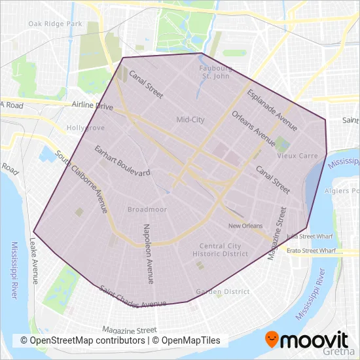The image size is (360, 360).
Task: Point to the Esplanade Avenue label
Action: point(272,110)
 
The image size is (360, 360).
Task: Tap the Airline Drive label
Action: point(94,105)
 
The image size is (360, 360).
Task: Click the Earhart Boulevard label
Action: point(122,160)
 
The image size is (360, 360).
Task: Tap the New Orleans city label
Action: point(245,226)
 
